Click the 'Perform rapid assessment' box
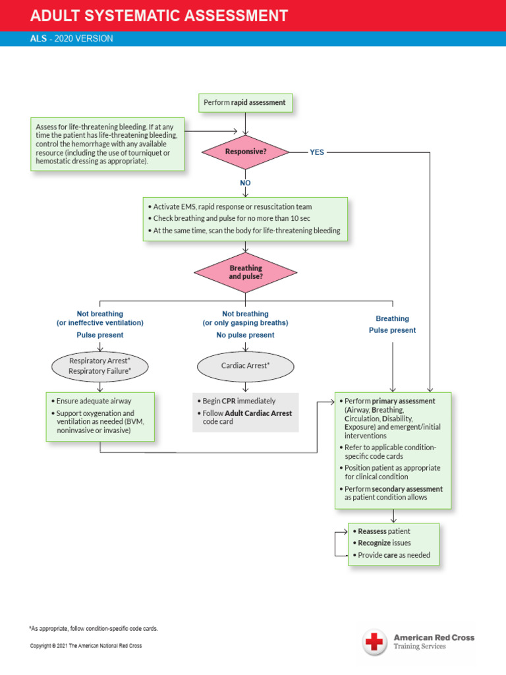pyautogui.click(x=245, y=103)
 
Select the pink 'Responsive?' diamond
pyautogui.click(x=245, y=152)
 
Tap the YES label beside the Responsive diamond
pyautogui.click(x=317, y=152)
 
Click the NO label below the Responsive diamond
pyautogui.click(x=245, y=183)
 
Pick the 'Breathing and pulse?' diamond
pyautogui.click(x=245, y=272)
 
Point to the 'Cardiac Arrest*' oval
pyautogui.click(x=245, y=365)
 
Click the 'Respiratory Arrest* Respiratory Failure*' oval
pyautogui.click(x=99, y=366)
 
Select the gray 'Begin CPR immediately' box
pyautogui.click(x=245, y=411)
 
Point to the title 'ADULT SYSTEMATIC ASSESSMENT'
pyautogui.click(x=159, y=16)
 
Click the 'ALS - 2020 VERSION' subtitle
pyautogui.click(x=71, y=39)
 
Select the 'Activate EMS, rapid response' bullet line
pyautogui.click(x=232, y=206)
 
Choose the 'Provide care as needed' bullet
pyautogui.click(x=393, y=555)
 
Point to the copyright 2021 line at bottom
pyautogui.click(x=86, y=646)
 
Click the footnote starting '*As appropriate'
pyautogui.click(x=93, y=628)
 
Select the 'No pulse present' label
pyautogui.click(x=245, y=335)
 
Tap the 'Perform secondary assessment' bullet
pyautogui.click(x=393, y=493)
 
